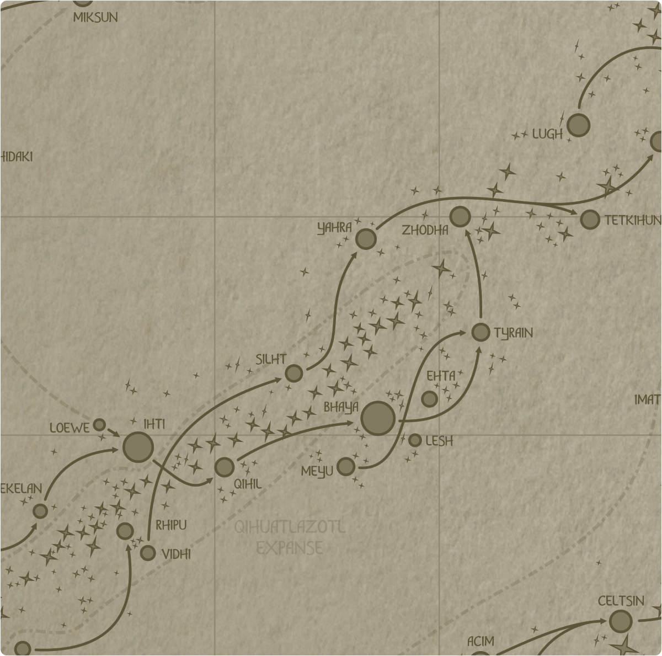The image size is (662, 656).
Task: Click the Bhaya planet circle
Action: click(378, 418)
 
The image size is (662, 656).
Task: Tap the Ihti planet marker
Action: click(138, 446)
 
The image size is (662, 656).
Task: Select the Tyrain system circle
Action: click(481, 332)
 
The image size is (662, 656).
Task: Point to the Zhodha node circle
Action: click(460, 217)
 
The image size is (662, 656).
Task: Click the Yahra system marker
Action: click(365, 239)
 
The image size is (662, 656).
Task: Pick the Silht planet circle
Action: click(294, 374)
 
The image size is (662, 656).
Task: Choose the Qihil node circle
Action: click(224, 467)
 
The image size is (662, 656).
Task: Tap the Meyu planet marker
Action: click(346, 467)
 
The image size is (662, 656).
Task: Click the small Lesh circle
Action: click(415, 440)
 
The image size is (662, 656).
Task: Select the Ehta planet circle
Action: click(429, 398)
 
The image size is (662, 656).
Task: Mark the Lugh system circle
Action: click(578, 125)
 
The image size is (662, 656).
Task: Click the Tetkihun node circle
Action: click(590, 220)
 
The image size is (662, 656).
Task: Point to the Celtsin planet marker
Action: click(620, 621)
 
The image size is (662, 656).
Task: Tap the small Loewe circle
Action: click(99, 425)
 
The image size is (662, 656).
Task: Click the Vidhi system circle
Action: click(148, 552)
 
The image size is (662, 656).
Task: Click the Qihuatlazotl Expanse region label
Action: click(290, 537)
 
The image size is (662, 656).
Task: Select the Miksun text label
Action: click(95, 18)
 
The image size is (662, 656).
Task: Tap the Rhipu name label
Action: click(171, 525)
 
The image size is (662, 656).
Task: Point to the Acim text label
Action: click(481, 642)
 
